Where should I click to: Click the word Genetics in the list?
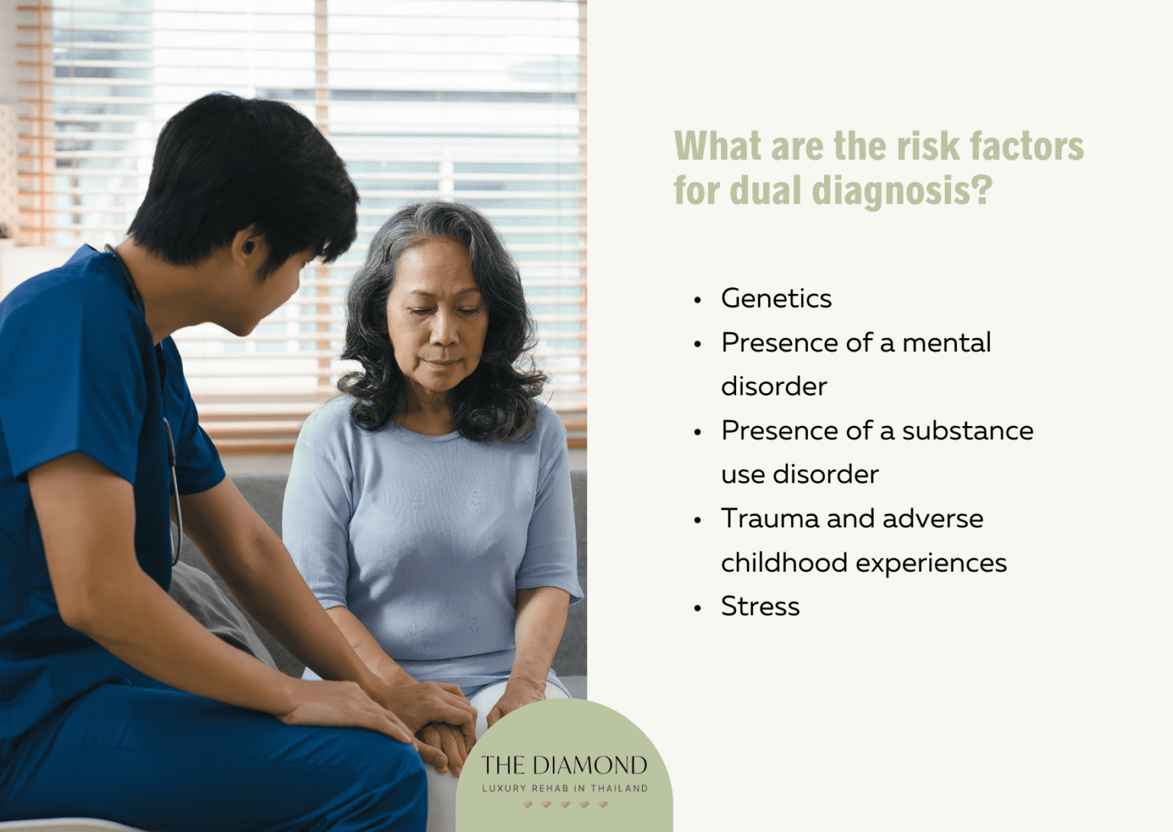[x=776, y=298]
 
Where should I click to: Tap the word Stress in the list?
[x=760, y=606]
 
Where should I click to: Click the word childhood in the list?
[x=784, y=563]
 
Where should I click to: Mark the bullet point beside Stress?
[x=697, y=608]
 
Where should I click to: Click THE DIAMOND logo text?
[x=564, y=765]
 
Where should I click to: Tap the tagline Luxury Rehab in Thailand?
[x=564, y=788]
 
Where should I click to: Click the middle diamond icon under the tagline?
[x=565, y=805]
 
